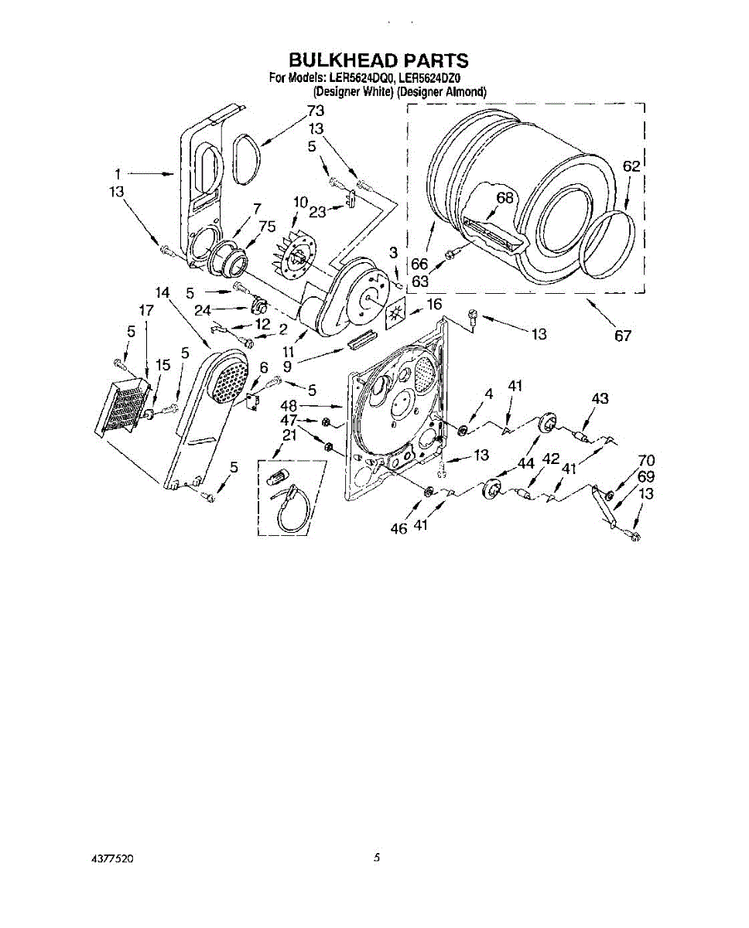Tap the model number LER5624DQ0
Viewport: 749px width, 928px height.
[x=357, y=79]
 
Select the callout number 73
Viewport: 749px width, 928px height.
[x=316, y=111]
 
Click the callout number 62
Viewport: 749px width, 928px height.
[x=631, y=166]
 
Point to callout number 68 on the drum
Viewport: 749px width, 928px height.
[x=504, y=197]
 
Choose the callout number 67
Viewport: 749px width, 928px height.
[x=623, y=335]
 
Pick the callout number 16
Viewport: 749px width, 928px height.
[x=434, y=304]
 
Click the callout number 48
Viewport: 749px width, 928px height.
[x=289, y=406]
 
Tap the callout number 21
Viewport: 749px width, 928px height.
[x=289, y=435]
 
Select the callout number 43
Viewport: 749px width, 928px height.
[x=600, y=398]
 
